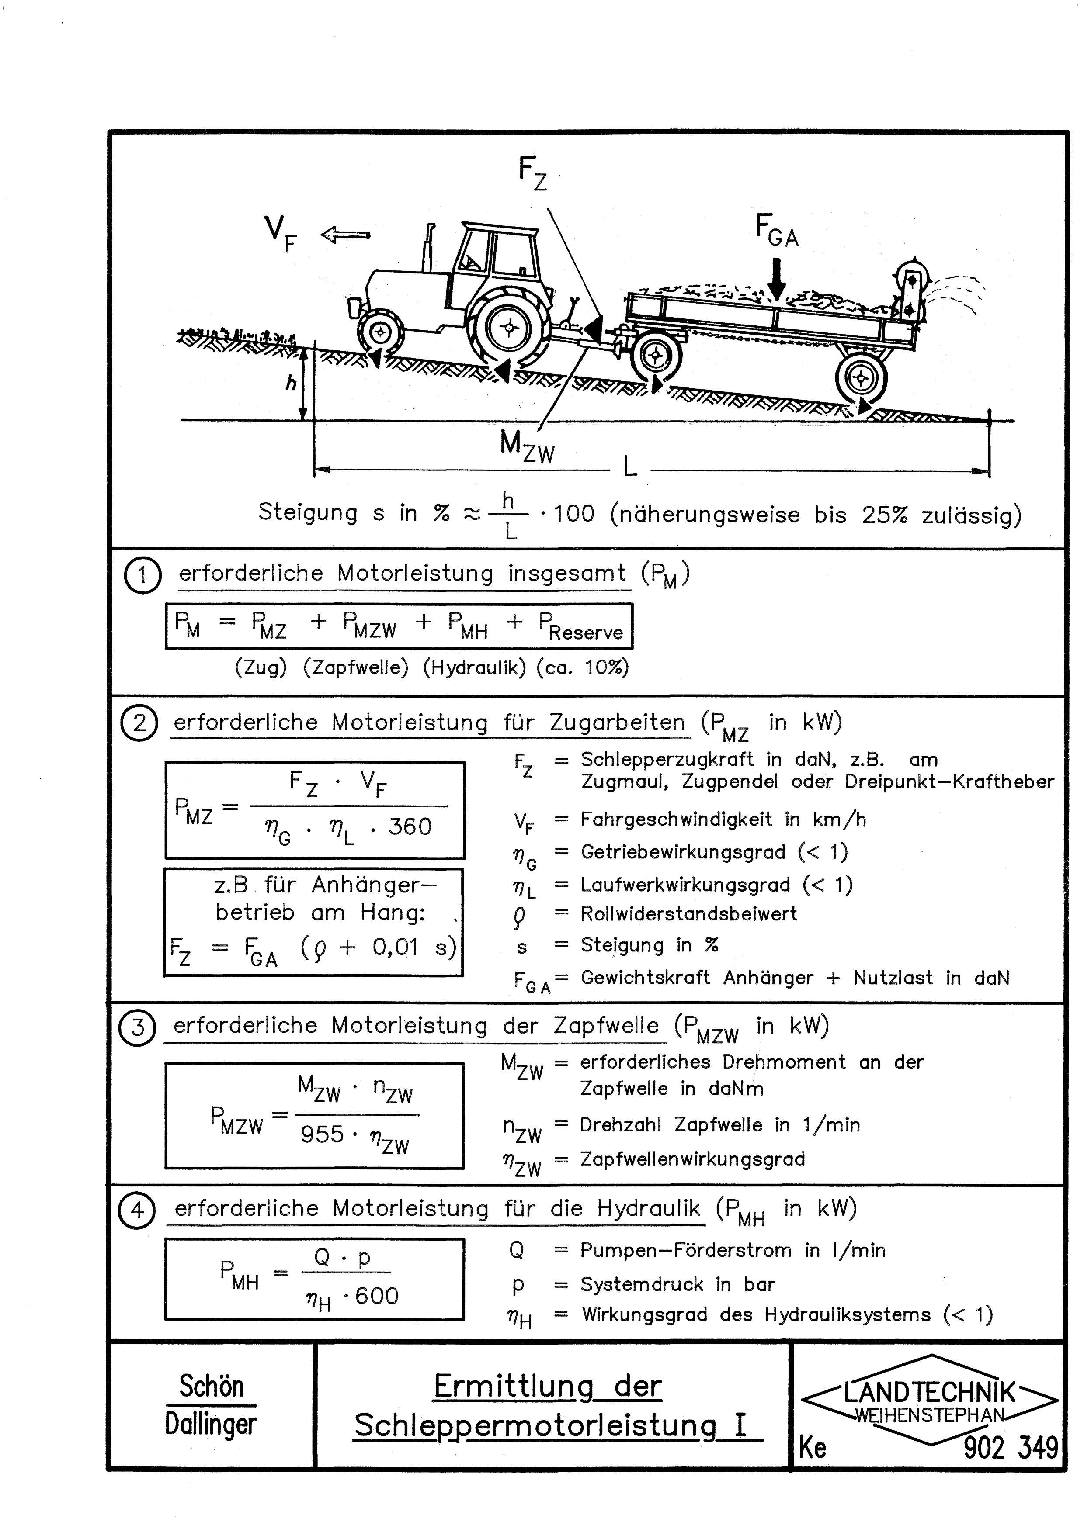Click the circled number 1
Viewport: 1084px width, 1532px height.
pyautogui.click(x=142, y=576)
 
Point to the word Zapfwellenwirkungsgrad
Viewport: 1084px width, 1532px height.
pyautogui.click(x=692, y=1159)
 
